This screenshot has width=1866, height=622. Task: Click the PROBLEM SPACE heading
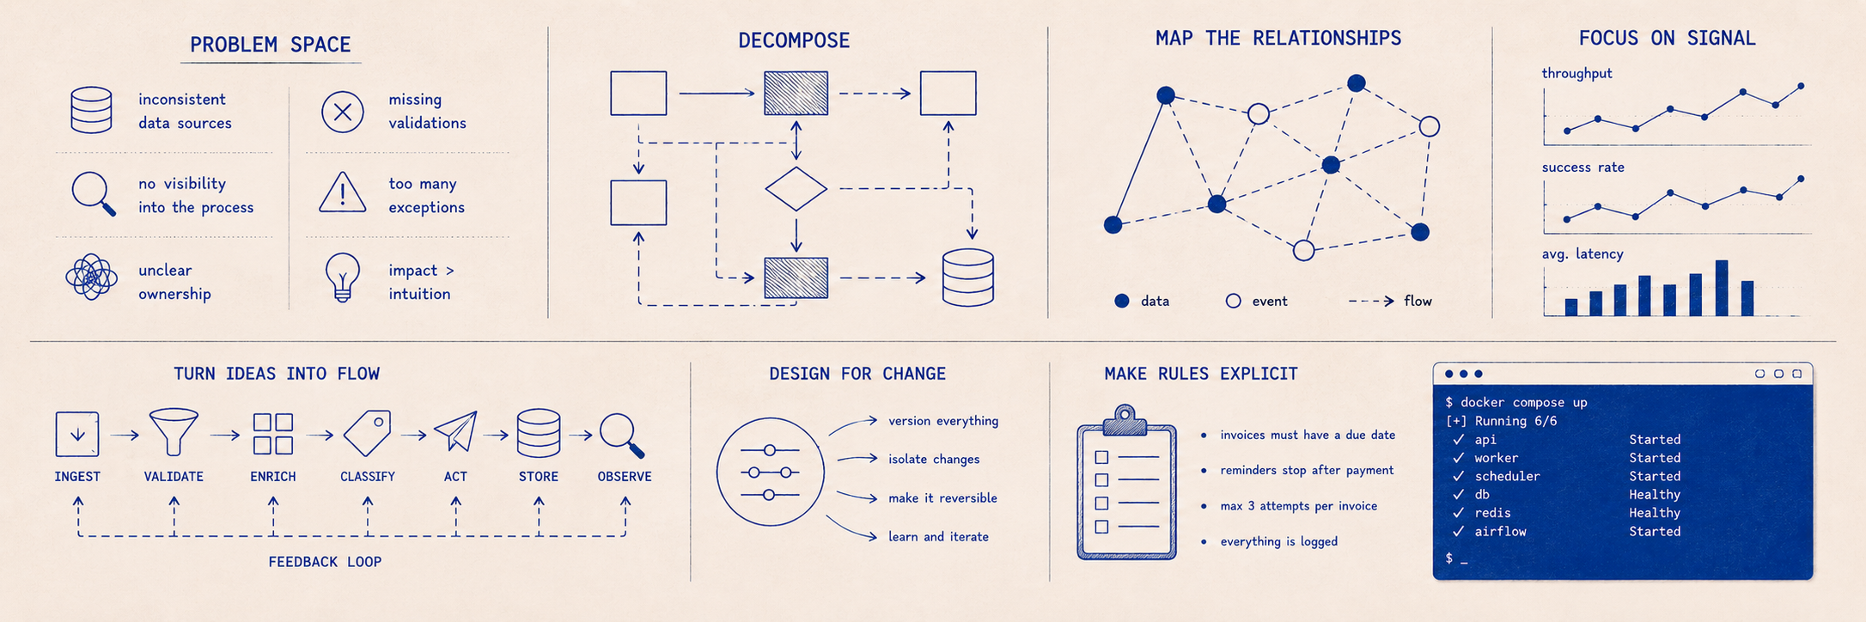[x=270, y=45]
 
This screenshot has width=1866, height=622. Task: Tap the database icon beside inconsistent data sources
[x=91, y=110]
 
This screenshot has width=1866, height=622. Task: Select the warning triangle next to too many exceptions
[x=343, y=192]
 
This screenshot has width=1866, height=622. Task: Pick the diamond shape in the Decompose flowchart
[x=796, y=189]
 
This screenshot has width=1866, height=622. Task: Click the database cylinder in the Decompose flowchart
[x=968, y=277]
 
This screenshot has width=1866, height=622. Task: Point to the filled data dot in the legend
[x=1121, y=301]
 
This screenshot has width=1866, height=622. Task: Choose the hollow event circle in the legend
[x=1233, y=301]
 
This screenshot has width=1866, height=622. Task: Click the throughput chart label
[x=1576, y=74]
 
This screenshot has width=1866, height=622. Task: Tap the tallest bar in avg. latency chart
[x=1721, y=288]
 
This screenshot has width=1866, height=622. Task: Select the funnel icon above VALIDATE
[x=174, y=431]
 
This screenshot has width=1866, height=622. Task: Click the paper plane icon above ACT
[x=455, y=431]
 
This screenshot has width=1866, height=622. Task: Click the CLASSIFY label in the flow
[x=368, y=477]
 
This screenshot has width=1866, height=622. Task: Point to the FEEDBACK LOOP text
[x=325, y=562]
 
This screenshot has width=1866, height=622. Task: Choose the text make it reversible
[x=942, y=498]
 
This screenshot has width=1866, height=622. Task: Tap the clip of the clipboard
[x=1125, y=419]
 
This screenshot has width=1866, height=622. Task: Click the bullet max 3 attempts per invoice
[x=1298, y=506]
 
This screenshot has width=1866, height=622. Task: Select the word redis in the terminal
[x=1492, y=513]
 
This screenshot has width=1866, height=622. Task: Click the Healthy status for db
[x=1655, y=495]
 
